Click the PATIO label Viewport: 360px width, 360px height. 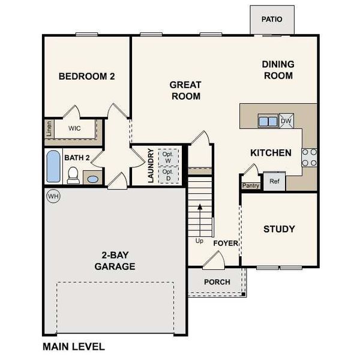click(x=271, y=19)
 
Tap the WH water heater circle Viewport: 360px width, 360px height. click(x=53, y=196)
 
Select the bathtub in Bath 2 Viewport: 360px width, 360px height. click(x=53, y=167)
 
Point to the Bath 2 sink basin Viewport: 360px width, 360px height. click(x=92, y=178)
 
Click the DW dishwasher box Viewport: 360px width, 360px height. click(x=286, y=121)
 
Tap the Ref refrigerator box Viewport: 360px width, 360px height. click(x=274, y=181)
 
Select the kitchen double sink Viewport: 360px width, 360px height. click(x=268, y=121)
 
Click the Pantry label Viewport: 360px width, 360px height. click(x=250, y=185)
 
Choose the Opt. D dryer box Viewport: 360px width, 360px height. click(x=167, y=175)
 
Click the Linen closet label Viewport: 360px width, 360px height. click(x=49, y=129)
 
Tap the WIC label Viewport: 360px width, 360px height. click(x=74, y=128)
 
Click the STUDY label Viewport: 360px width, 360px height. click(x=279, y=229)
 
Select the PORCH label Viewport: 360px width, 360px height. click(x=217, y=282)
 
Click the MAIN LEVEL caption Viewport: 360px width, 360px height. click(x=73, y=346)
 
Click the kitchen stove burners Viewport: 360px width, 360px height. click(x=309, y=157)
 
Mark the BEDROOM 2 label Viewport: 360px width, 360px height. click(x=86, y=76)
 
